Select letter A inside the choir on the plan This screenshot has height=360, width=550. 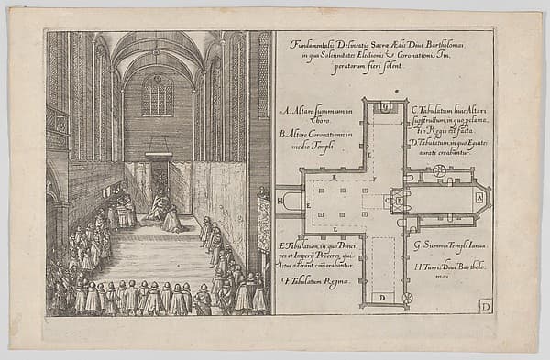tap(478, 197)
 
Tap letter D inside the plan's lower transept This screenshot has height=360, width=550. tap(380, 297)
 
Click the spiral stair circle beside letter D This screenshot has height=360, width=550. tap(407, 298)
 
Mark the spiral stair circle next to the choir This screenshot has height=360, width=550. tap(439, 170)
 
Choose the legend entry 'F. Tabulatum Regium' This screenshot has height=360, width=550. tap(315, 280)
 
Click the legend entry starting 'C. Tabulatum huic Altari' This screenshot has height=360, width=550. tap(449, 115)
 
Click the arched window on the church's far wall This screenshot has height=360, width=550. tap(158, 94)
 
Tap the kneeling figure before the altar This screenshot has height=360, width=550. tap(171, 218)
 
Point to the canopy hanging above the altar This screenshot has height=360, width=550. tap(158, 155)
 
